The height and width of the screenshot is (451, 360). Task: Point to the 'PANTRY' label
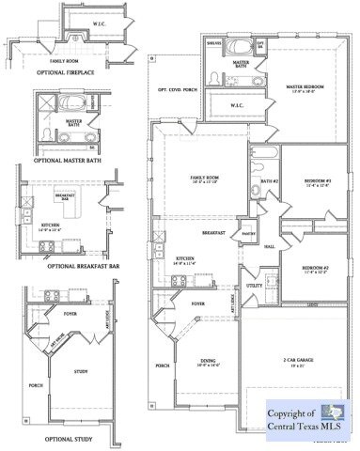(x=249, y=232)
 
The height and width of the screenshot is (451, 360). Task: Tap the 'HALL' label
(x=269, y=247)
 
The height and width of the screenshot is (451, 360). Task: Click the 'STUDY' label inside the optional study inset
(x=81, y=371)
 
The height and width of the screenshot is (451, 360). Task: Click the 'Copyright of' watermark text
(x=290, y=412)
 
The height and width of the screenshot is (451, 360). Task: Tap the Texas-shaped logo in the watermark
(x=333, y=414)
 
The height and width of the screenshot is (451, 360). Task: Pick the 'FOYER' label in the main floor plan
(x=198, y=304)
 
